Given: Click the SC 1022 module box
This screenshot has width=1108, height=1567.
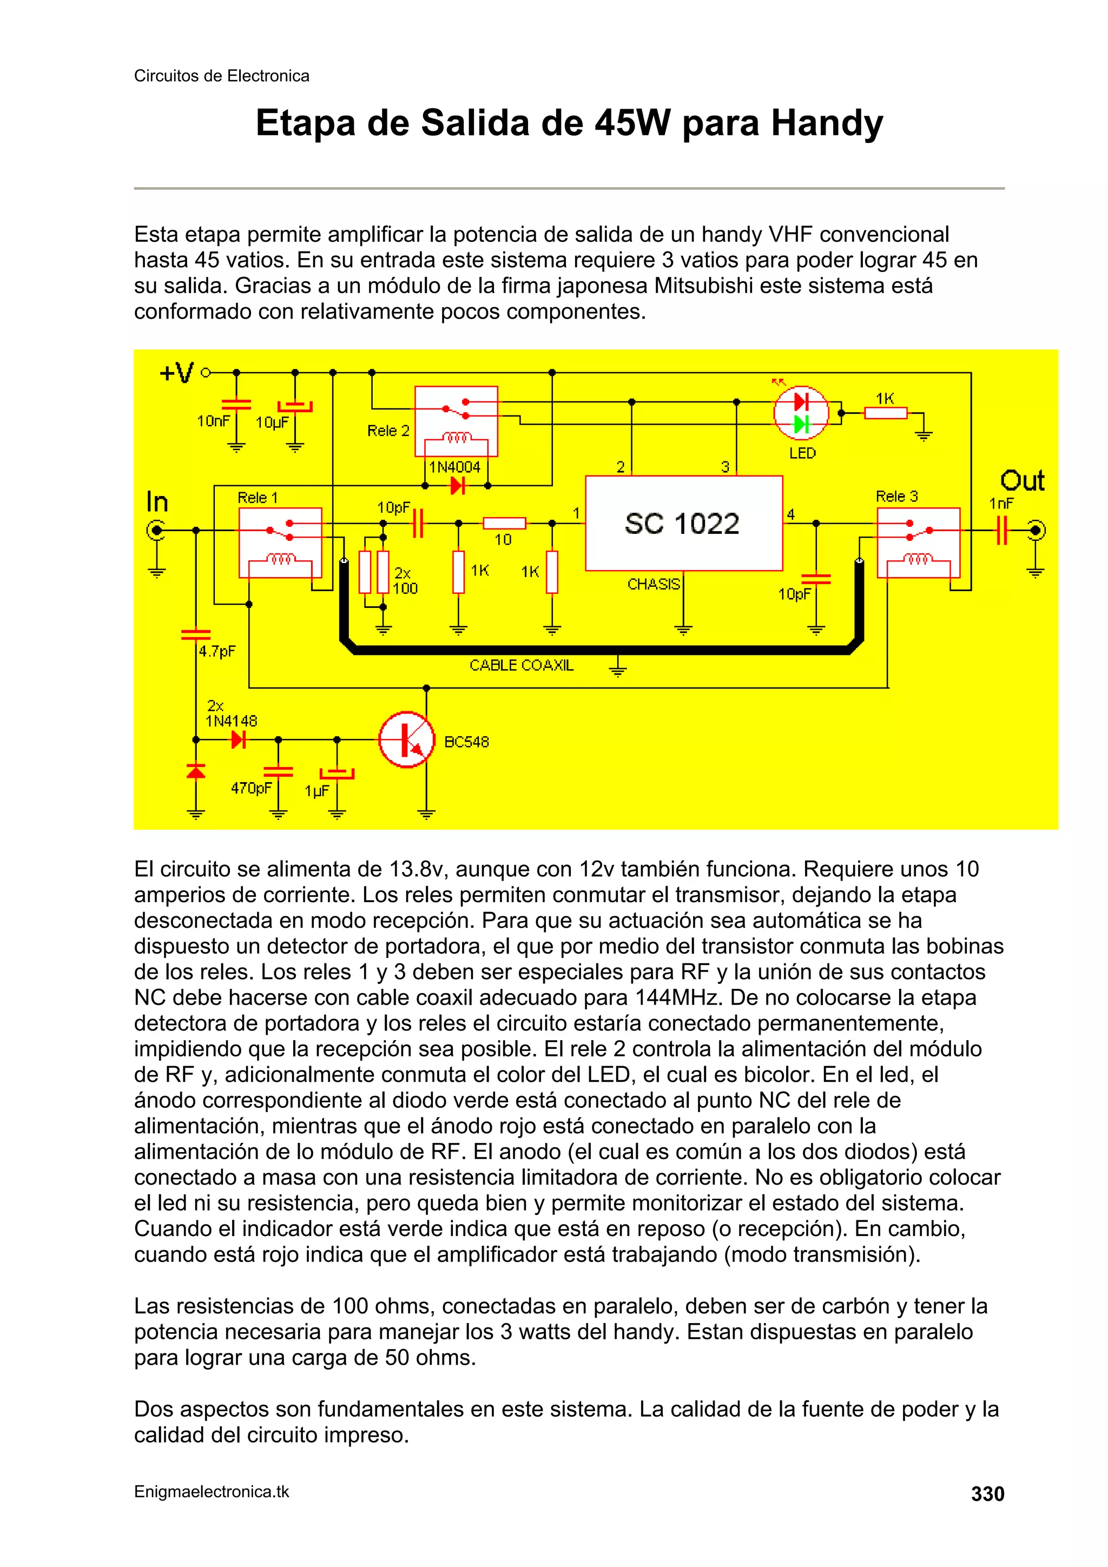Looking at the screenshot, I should click(x=683, y=523).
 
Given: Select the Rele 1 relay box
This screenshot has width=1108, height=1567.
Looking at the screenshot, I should click(x=280, y=543).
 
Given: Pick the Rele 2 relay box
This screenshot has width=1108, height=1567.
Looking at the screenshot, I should click(x=456, y=421).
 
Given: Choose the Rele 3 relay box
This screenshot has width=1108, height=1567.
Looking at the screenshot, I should click(x=918, y=543).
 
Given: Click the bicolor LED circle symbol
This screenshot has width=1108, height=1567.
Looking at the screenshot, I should click(x=801, y=413).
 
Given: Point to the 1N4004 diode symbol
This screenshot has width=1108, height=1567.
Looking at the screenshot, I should click(x=457, y=486).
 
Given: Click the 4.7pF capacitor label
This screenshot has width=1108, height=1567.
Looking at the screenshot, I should click(x=217, y=651).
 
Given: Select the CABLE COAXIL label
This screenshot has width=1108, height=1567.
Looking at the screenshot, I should click(x=522, y=665).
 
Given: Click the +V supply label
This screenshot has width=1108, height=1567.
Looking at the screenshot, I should click(x=177, y=373).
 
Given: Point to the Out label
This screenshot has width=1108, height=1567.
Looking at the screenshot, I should click(x=1022, y=481).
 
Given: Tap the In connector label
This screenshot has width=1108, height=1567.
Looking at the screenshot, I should click(x=157, y=503).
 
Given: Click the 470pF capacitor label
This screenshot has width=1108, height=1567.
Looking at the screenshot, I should click(x=251, y=788).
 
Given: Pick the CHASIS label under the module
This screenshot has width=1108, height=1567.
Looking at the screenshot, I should click(x=654, y=584).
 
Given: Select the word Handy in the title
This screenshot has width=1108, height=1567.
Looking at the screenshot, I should click(x=827, y=123).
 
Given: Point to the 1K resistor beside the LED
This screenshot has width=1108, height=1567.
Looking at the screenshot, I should click(x=886, y=412).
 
